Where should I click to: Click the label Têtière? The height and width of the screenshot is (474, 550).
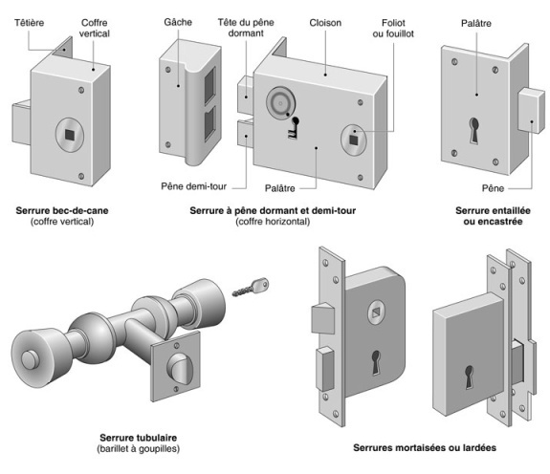[x=30, y=23]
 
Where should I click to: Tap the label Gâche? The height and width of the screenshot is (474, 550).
[x=178, y=22]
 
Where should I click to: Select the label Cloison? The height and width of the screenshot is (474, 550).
[x=325, y=23]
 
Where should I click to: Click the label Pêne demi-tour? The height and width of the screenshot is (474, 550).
[x=193, y=186]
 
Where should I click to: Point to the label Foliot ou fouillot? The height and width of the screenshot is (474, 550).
[x=393, y=28]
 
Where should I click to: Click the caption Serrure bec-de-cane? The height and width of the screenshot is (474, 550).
[x=62, y=210]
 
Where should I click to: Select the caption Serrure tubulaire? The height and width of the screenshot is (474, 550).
[x=138, y=438]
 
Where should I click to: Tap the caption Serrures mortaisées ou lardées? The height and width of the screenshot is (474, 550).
[x=425, y=447]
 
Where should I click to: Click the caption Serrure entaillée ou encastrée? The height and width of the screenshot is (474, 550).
[x=493, y=216]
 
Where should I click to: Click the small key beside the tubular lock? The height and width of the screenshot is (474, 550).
[x=251, y=287]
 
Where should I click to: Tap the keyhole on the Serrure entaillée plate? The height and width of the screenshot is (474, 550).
[x=474, y=130]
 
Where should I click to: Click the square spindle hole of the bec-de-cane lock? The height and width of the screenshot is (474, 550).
[x=70, y=135]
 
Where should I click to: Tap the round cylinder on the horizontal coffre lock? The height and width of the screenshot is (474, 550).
[x=280, y=103]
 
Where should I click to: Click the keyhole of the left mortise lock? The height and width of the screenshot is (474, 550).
[x=376, y=362]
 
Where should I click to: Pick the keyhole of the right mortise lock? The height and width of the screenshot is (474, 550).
[x=470, y=377]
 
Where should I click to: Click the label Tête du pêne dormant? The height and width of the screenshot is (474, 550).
[x=246, y=28]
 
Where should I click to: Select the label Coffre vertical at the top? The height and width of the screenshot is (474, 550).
[x=94, y=28]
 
